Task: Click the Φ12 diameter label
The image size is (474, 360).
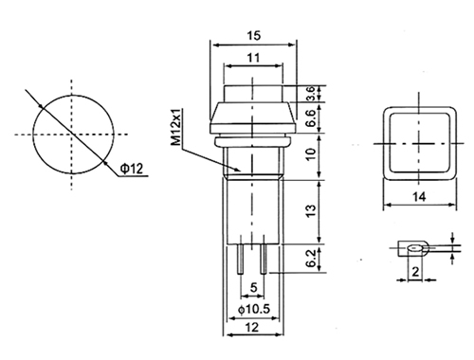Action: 132,169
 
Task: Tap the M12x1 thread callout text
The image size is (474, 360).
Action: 177,127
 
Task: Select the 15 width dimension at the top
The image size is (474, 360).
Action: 254,35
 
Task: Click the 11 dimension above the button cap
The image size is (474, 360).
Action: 253,58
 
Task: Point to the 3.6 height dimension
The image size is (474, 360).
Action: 310,94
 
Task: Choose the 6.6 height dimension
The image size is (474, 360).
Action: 310,118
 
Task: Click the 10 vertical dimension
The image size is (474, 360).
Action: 311,153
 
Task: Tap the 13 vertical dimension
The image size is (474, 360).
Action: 311,210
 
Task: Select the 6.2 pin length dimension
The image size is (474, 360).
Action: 311,258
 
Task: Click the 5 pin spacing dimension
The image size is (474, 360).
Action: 253,287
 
